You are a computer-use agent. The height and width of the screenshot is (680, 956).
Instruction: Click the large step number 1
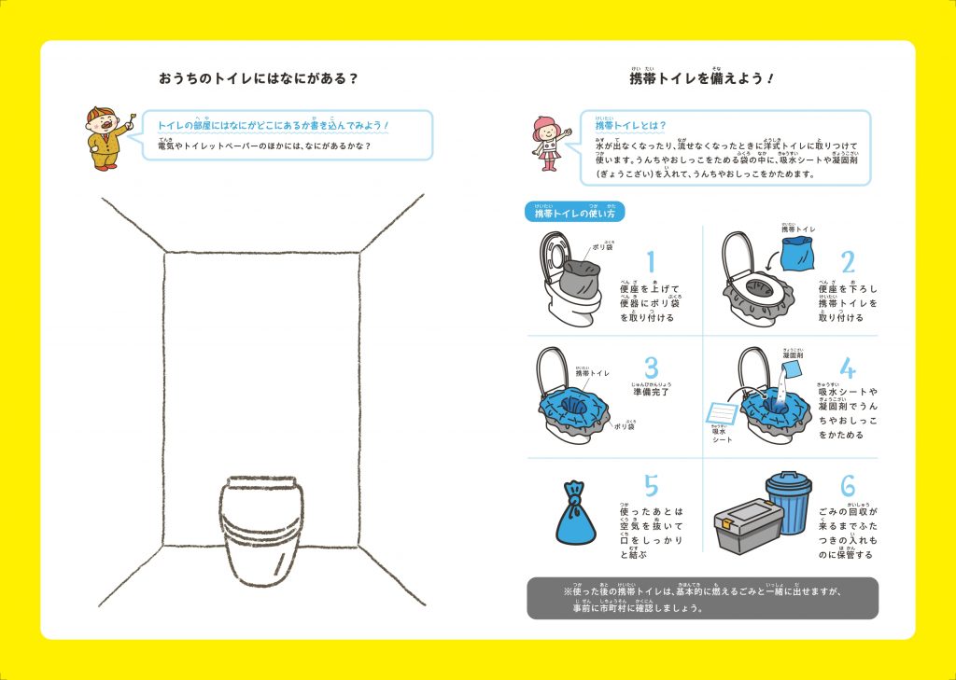(651, 261)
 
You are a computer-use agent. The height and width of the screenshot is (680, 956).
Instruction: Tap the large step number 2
(847, 261)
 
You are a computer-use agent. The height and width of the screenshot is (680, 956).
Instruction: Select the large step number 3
(652, 367)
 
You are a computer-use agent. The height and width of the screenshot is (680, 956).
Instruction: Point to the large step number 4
(847, 367)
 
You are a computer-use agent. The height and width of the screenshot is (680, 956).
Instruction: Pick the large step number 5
(651, 486)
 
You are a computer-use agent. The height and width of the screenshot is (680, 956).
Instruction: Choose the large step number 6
(847, 486)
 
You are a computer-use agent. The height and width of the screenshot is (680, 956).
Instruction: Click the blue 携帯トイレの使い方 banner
(574, 213)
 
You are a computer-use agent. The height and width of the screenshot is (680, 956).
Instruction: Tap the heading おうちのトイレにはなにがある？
(259, 78)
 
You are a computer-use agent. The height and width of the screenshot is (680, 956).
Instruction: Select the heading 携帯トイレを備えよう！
(701, 79)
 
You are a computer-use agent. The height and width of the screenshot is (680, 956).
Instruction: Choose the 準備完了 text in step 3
(658, 392)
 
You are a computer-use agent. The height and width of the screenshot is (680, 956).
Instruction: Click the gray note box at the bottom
(702, 598)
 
